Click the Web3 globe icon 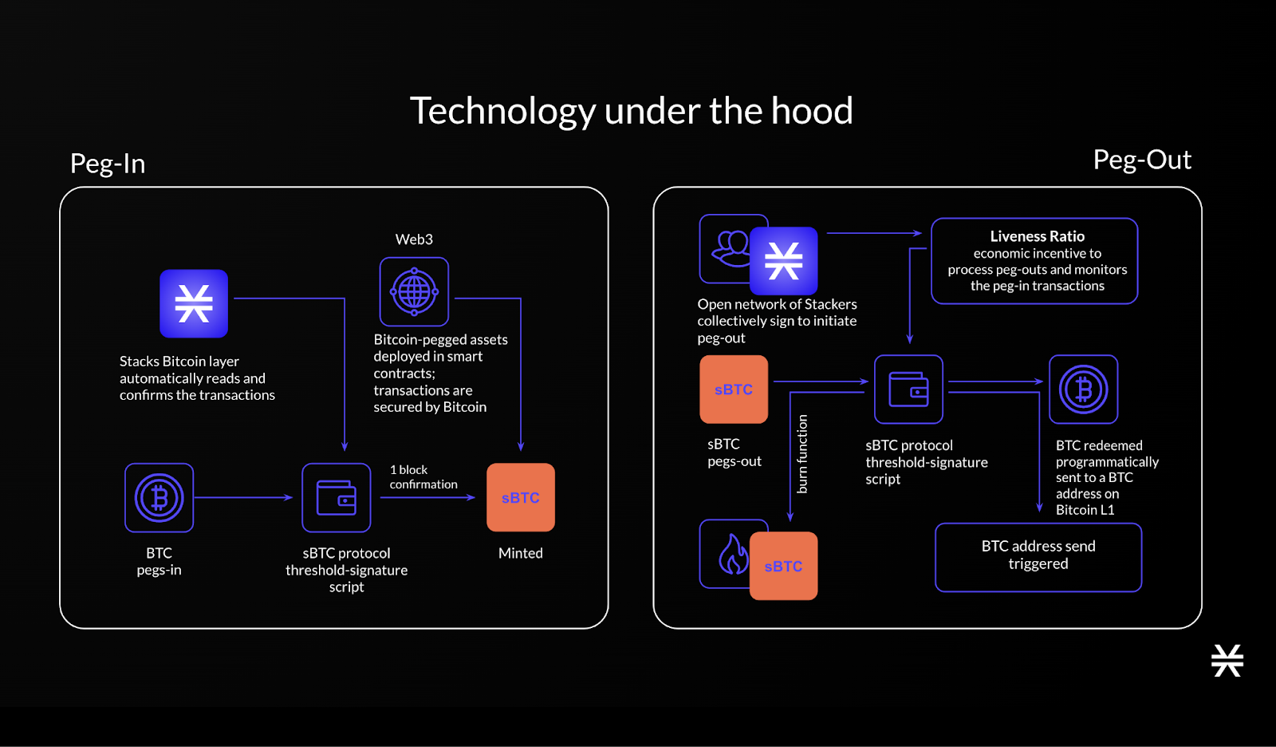pyautogui.click(x=414, y=292)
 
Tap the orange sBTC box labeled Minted pyautogui.click(x=521, y=497)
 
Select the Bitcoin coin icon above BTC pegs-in pyautogui.click(x=159, y=497)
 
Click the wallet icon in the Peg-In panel pyautogui.click(x=337, y=497)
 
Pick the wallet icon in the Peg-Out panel pyautogui.click(x=908, y=389)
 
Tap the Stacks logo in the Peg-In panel pyautogui.click(x=194, y=303)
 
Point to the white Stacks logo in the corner pyautogui.click(x=1227, y=661)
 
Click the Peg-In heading pyautogui.click(x=108, y=164)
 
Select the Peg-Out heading pyautogui.click(x=1142, y=160)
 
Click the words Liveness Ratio pyautogui.click(x=1037, y=236)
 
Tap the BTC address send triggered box pyautogui.click(x=1038, y=557)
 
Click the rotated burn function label pyautogui.click(x=802, y=453)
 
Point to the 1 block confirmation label pyautogui.click(x=423, y=476)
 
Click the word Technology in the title pyautogui.click(x=502, y=111)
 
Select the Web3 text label pyautogui.click(x=414, y=239)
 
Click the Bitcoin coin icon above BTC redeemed pyautogui.click(x=1083, y=389)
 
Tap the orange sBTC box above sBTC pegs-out pyautogui.click(x=734, y=389)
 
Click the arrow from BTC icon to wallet pyautogui.click(x=244, y=497)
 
